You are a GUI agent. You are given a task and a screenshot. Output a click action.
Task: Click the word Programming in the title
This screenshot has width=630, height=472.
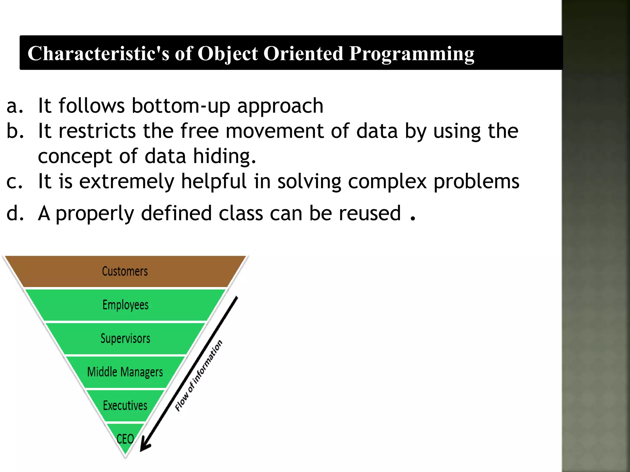[411, 54]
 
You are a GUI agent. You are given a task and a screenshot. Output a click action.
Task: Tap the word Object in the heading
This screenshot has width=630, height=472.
[227, 54]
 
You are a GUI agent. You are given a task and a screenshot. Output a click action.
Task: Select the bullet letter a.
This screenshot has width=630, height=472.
[14, 106]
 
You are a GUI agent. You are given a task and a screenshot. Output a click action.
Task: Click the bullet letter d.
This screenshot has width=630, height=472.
[15, 213]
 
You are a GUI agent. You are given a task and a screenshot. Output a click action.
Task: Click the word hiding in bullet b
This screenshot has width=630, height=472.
[224, 156]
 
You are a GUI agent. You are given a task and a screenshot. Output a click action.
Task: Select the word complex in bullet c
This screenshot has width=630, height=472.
[387, 181]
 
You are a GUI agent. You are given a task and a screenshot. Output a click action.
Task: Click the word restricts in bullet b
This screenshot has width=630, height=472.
[97, 131]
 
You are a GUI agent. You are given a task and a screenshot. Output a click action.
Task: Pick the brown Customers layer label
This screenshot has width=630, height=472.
[125, 271]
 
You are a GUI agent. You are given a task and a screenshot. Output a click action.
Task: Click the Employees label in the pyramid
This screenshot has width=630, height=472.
[126, 305]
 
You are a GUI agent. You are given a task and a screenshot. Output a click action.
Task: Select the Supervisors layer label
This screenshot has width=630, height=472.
[126, 338]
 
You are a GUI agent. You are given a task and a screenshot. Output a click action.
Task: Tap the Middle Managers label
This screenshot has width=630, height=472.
[125, 372]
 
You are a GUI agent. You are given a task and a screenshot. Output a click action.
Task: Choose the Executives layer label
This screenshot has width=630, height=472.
[125, 406]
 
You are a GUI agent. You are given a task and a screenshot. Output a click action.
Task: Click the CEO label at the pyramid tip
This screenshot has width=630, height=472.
[125, 439]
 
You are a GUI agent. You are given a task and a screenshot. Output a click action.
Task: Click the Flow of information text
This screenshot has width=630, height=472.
[198, 376]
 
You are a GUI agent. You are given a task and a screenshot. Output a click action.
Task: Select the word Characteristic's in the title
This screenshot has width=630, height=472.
[98, 54]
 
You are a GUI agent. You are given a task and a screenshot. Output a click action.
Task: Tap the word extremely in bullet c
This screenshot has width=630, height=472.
[127, 181]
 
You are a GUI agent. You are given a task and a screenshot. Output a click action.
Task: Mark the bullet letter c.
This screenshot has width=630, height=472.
[14, 181]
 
